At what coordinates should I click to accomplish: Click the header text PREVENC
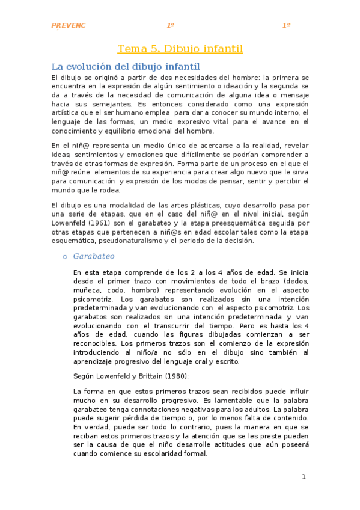pos(69,26)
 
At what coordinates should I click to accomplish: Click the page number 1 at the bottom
pos(304,477)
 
